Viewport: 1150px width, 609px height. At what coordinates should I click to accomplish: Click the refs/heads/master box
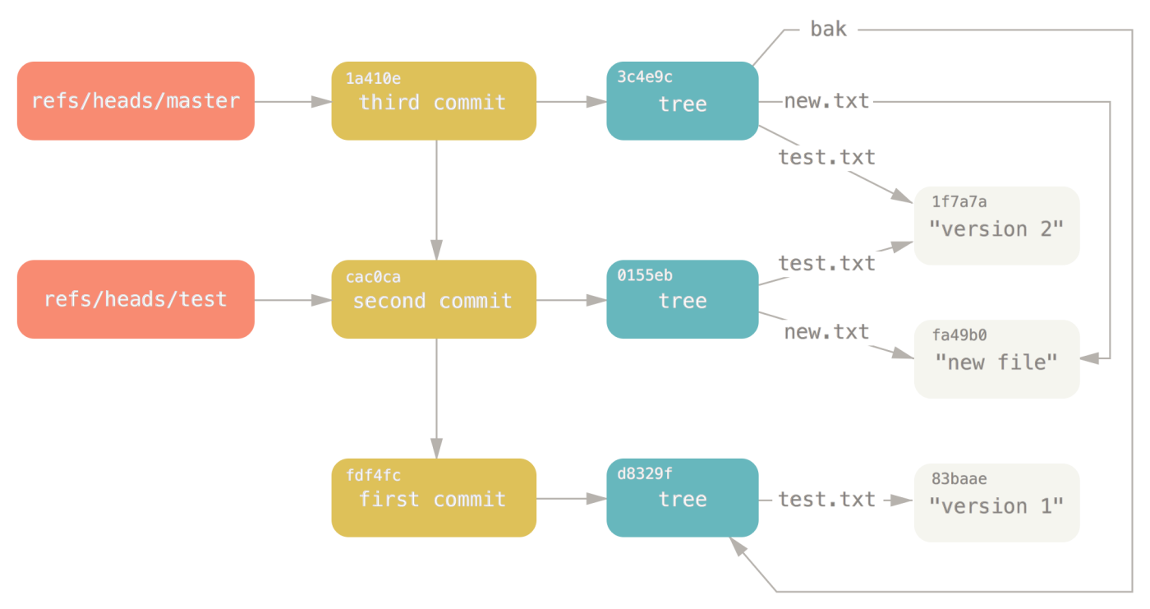(136, 101)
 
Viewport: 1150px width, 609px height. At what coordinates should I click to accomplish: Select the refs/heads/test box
(136, 299)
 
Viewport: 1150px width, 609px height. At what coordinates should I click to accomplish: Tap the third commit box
(434, 101)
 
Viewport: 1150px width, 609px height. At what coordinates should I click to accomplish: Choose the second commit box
(434, 299)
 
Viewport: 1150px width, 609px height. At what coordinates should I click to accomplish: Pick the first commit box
(434, 498)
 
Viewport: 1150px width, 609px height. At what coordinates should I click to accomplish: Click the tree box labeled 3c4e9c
(682, 101)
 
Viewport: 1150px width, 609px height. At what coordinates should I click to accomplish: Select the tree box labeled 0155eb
(682, 299)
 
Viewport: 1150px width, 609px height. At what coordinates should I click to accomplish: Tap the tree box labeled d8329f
(682, 498)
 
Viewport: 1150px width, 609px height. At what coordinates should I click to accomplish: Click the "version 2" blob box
(996, 226)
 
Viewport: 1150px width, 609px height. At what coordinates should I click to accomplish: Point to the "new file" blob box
(996, 359)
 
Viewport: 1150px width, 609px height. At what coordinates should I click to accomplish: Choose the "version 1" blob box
(996, 503)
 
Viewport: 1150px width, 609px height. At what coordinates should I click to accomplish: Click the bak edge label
(828, 30)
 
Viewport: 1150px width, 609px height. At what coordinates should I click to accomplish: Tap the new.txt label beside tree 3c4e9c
(826, 102)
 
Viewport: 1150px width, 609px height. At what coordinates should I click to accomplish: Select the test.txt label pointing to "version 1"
(826, 499)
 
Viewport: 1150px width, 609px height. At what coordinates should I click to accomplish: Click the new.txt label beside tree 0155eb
(826, 332)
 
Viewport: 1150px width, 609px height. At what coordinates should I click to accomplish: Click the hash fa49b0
(959, 335)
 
